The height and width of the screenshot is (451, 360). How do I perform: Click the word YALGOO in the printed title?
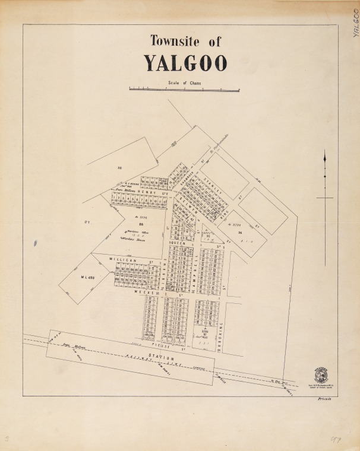coord(185,63)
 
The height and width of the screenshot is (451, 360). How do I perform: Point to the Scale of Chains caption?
coord(184,83)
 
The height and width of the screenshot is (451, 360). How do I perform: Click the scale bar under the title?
coord(184,90)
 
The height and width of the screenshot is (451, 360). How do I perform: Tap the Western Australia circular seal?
coord(321,375)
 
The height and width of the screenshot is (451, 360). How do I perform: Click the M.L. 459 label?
coord(88,278)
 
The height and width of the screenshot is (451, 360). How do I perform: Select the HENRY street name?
coord(146,192)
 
